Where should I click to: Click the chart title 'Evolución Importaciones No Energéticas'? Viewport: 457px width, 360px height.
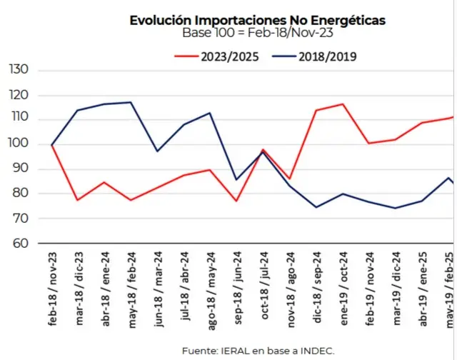click(257, 21)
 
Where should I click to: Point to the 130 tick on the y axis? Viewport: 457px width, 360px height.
click(18, 70)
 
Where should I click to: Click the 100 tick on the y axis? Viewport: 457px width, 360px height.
click(18, 144)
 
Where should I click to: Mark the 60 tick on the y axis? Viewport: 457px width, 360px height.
click(19, 243)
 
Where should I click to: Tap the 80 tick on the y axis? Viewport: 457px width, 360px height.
click(19, 194)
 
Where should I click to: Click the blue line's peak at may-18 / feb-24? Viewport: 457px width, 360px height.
click(131, 102)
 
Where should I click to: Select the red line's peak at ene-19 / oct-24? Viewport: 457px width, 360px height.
click(343, 104)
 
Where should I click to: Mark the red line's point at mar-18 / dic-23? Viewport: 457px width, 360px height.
click(78, 200)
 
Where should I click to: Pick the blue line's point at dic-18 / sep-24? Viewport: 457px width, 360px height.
click(316, 207)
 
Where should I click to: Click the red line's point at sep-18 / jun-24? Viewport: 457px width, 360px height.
click(236, 201)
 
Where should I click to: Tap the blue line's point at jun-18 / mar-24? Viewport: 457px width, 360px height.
click(158, 151)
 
